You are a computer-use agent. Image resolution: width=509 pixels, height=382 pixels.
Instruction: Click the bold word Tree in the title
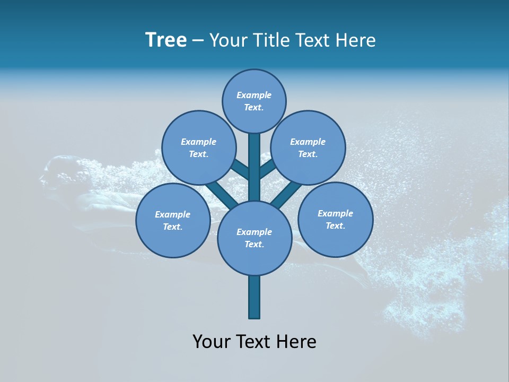(166, 40)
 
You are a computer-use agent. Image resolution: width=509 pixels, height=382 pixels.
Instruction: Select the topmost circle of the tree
(254, 101)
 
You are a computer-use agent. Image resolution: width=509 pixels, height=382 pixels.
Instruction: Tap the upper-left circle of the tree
(198, 147)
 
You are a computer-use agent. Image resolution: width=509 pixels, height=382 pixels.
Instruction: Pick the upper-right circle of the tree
(308, 147)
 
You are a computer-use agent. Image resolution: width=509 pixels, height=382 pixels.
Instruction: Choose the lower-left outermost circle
(173, 221)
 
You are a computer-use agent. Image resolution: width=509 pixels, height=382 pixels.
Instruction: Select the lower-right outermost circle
(335, 219)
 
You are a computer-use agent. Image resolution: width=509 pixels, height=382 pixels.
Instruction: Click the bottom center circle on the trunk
(254, 238)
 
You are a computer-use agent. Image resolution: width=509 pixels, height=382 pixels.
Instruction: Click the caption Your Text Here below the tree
(254, 341)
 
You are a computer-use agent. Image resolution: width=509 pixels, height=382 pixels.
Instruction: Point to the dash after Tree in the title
(198, 41)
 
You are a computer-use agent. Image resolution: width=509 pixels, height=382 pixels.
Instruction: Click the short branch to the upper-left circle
(240, 169)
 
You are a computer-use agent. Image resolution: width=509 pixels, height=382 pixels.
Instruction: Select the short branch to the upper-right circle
(268, 169)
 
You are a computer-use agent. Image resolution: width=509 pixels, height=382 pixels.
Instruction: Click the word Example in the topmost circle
(254, 95)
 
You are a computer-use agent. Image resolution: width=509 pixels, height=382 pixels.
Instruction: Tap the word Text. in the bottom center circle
(254, 244)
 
